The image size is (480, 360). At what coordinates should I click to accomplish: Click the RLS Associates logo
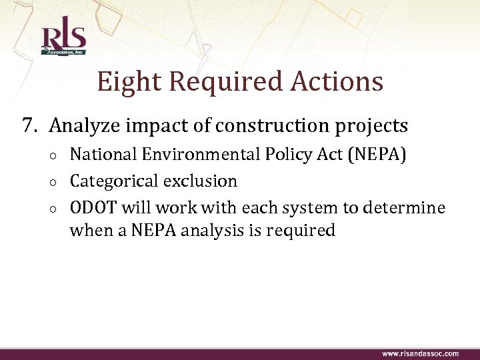pyautogui.click(x=64, y=39)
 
